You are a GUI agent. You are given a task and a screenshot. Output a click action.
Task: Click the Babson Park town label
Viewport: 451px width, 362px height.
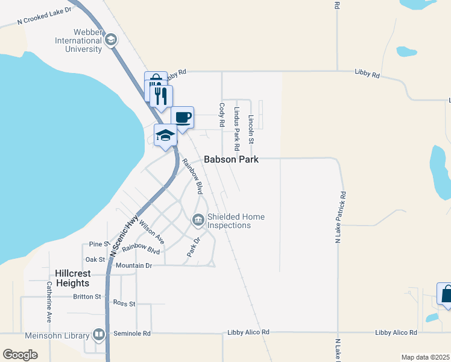(x=231, y=160)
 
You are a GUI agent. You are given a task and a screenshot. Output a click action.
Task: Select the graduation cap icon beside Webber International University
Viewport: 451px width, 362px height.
(x=110, y=40)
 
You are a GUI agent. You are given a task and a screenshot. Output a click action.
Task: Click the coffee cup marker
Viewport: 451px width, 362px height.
(x=182, y=117)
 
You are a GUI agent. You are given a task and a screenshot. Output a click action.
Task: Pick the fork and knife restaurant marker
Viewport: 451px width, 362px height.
(x=160, y=95)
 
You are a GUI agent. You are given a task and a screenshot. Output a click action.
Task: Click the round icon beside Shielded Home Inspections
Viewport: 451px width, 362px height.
(x=198, y=221)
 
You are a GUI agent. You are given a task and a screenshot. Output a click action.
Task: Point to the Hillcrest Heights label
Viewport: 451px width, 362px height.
(x=72, y=278)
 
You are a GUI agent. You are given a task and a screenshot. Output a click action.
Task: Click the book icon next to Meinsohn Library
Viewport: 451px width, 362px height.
(x=98, y=334)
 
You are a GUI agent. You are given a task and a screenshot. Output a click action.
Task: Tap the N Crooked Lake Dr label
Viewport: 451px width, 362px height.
(x=44, y=16)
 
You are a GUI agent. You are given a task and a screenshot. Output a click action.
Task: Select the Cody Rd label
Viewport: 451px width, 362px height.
(x=222, y=115)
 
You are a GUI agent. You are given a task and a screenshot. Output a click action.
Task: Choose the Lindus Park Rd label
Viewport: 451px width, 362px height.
(x=237, y=129)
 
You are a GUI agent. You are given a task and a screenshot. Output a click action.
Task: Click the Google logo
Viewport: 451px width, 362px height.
(x=20, y=355)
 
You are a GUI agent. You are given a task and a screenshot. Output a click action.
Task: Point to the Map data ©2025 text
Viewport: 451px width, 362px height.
(x=425, y=357)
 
